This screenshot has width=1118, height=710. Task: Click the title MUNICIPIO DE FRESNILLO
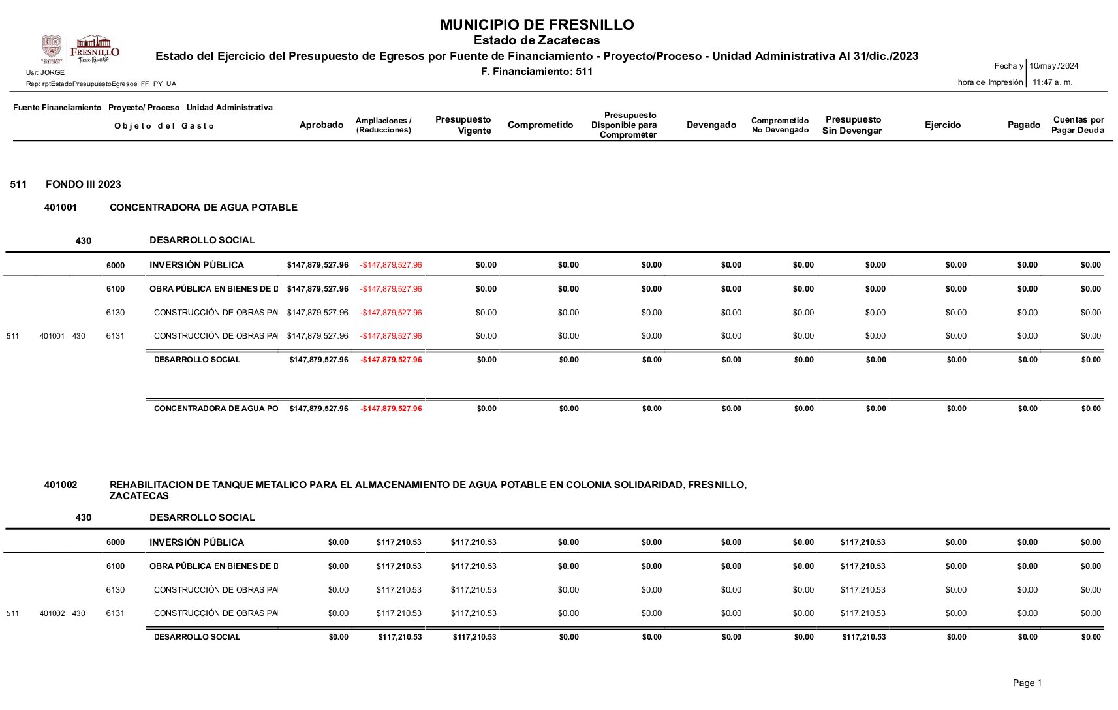[x=536, y=25]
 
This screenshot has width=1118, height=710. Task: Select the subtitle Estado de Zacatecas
[x=536, y=40]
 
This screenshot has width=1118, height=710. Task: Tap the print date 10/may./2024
[x=1053, y=66]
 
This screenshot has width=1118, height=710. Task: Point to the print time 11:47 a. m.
[x=1052, y=82]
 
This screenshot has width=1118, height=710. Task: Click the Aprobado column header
[x=321, y=125]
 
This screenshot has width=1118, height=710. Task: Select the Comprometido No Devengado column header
[x=780, y=125]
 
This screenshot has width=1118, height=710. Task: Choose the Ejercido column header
[x=942, y=125]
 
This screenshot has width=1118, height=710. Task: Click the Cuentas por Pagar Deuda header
[x=1078, y=125]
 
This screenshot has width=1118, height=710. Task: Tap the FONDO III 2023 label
[x=84, y=185]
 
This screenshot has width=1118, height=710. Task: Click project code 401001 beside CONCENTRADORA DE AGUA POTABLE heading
[x=61, y=208]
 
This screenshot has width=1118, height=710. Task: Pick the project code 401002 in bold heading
[x=61, y=485]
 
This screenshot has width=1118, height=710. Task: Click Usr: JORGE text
[x=45, y=72]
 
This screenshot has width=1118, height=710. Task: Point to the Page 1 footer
[x=1027, y=683]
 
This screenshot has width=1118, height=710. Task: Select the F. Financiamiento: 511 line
[x=536, y=72]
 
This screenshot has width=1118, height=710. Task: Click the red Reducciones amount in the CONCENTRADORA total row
[x=391, y=409]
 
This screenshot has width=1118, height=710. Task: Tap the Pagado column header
[x=1023, y=125]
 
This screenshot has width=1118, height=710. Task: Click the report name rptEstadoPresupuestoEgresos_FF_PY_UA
[x=101, y=84]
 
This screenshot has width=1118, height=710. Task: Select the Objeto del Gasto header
[x=164, y=126]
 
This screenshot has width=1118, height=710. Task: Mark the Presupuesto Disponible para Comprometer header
[x=625, y=125]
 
